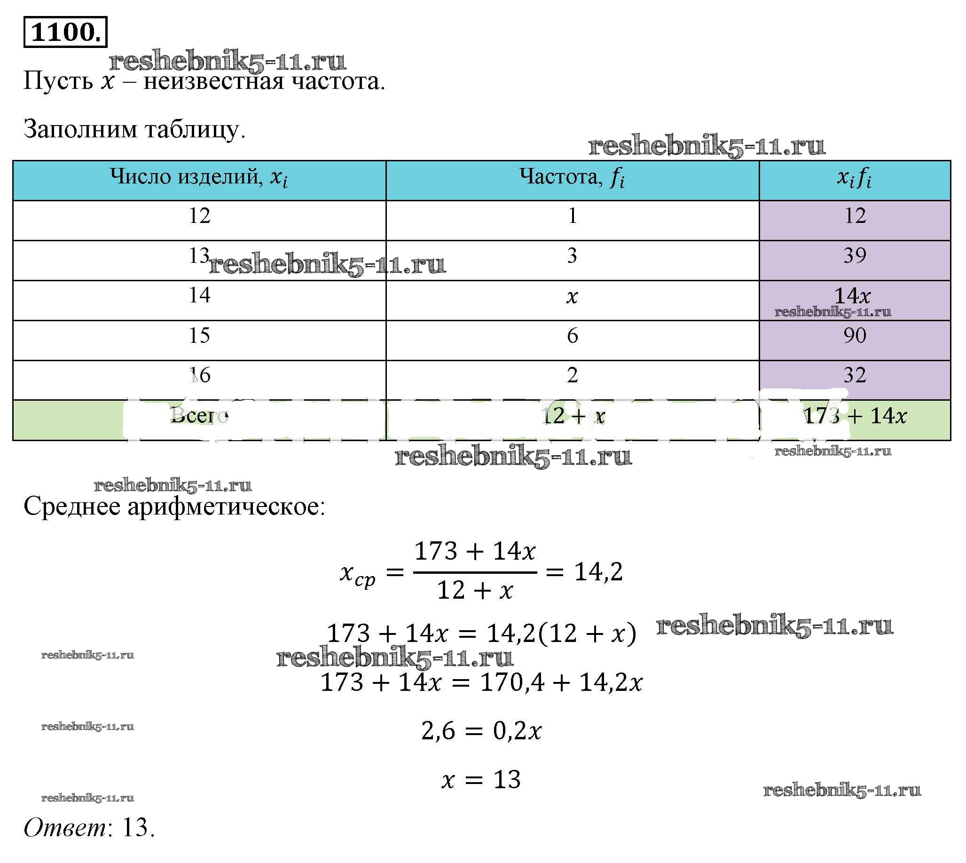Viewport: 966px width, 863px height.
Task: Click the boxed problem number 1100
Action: click(65, 32)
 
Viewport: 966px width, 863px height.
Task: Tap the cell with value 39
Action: click(855, 256)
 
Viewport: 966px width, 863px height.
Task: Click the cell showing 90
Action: click(855, 336)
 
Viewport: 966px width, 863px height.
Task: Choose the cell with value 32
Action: click(855, 376)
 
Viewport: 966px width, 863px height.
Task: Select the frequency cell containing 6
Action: click(573, 336)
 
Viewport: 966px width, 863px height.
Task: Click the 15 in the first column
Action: click(200, 336)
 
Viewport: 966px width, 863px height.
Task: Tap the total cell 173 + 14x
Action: click(855, 416)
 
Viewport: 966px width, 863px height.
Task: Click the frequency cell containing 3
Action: click(573, 256)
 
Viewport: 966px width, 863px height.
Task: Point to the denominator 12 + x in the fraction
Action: click(475, 591)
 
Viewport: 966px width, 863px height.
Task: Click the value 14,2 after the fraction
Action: click(598, 572)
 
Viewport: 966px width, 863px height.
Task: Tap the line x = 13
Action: click(480, 780)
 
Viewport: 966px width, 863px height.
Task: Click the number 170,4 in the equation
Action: click(512, 683)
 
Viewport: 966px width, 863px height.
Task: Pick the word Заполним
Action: click(80, 129)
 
